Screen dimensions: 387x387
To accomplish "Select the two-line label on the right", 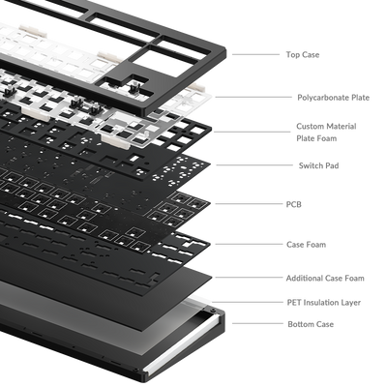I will (310, 131).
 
